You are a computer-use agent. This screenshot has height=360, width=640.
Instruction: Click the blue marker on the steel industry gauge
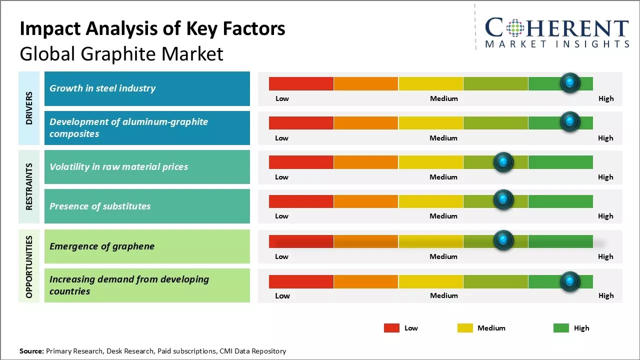point(569,83)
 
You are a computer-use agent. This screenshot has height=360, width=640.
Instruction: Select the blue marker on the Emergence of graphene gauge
point(503,240)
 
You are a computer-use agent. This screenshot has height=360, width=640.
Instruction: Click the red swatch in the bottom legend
point(391,328)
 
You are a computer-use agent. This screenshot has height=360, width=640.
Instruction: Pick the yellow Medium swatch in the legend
point(465,328)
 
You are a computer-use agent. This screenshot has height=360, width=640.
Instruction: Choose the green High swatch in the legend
point(561,328)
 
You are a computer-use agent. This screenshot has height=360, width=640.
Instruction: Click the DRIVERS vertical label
point(29,108)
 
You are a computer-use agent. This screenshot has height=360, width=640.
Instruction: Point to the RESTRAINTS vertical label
point(29,186)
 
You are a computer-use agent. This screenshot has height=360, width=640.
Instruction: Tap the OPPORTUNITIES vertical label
point(29,266)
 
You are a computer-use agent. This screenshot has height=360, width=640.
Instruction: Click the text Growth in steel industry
point(102,88)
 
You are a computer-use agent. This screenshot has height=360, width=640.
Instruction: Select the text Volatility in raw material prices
point(119,167)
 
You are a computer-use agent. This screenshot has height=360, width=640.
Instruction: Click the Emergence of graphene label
point(102,246)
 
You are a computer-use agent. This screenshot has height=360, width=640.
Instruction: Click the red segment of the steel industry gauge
point(301,83)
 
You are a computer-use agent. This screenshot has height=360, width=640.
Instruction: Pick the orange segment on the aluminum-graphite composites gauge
point(365,122)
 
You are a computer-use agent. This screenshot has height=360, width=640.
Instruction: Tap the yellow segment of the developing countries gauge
point(430,281)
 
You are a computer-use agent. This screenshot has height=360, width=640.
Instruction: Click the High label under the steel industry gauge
point(605,98)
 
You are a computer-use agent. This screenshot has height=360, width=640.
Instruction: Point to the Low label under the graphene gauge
point(281,256)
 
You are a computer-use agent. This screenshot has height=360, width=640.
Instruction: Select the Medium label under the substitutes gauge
point(443,216)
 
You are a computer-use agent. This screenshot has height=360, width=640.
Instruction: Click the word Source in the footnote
point(31,351)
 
